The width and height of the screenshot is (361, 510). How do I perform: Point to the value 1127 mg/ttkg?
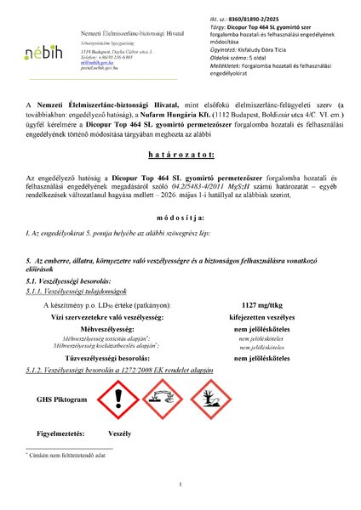click(x=264, y=303)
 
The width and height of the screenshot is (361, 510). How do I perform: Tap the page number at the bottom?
click(x=180, y=485)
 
